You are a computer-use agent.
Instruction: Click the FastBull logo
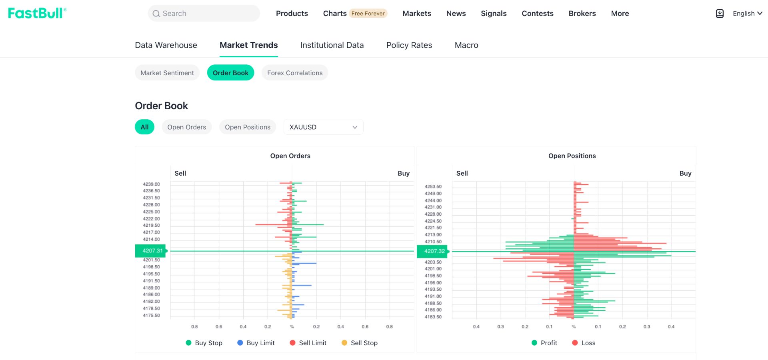tap(37, 13)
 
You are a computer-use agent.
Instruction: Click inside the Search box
tap(204, 13)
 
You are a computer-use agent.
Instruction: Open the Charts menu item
tap(335, 13)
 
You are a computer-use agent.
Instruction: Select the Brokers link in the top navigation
tap(582, 13)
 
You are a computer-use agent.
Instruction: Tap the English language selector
tap(747, 13)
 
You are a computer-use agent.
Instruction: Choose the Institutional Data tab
tap(332, 45)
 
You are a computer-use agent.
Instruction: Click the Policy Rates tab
tap(409, 45)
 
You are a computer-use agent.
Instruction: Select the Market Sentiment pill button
tap(167, 73)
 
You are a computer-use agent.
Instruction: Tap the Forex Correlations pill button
tap(295, 73)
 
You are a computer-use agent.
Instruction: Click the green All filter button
tap(144, 127)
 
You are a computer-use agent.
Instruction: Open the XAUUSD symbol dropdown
tap(323, 127)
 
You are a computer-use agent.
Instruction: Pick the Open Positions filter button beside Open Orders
tap(248, 127)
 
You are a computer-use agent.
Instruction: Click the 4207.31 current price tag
tap(151, 251)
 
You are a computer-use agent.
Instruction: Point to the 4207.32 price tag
tap(433, 251)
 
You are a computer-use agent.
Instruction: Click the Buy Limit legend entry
tap(256, 343)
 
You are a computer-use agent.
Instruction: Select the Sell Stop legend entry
tap(360, 343)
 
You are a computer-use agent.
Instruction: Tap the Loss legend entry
tap(584, 343)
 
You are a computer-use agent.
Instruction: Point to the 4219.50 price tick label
tap(151, 225)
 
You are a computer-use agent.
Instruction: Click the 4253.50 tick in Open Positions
tap(433, 186)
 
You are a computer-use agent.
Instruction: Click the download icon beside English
tap(720, 14)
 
